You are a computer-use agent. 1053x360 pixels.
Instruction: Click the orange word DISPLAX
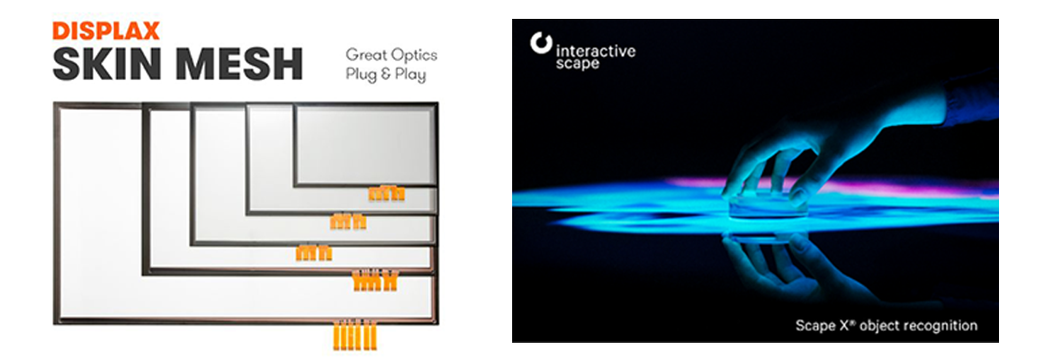[106, 31]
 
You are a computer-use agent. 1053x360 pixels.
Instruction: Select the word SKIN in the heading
[104, 64]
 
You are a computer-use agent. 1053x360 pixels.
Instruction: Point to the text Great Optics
[391, 55]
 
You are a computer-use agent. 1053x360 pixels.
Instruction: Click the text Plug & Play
[385, 75]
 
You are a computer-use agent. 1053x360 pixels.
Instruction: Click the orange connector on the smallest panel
[387, 193]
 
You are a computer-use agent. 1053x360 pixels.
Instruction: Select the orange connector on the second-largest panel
[375, 281]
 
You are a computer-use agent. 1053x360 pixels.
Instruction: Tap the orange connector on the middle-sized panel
[313, 253]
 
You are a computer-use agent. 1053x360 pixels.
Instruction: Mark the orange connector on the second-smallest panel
[348, 221]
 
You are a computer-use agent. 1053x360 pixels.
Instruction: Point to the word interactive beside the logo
[596, 51]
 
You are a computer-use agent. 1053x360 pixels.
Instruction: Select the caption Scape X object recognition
[886, 326]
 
